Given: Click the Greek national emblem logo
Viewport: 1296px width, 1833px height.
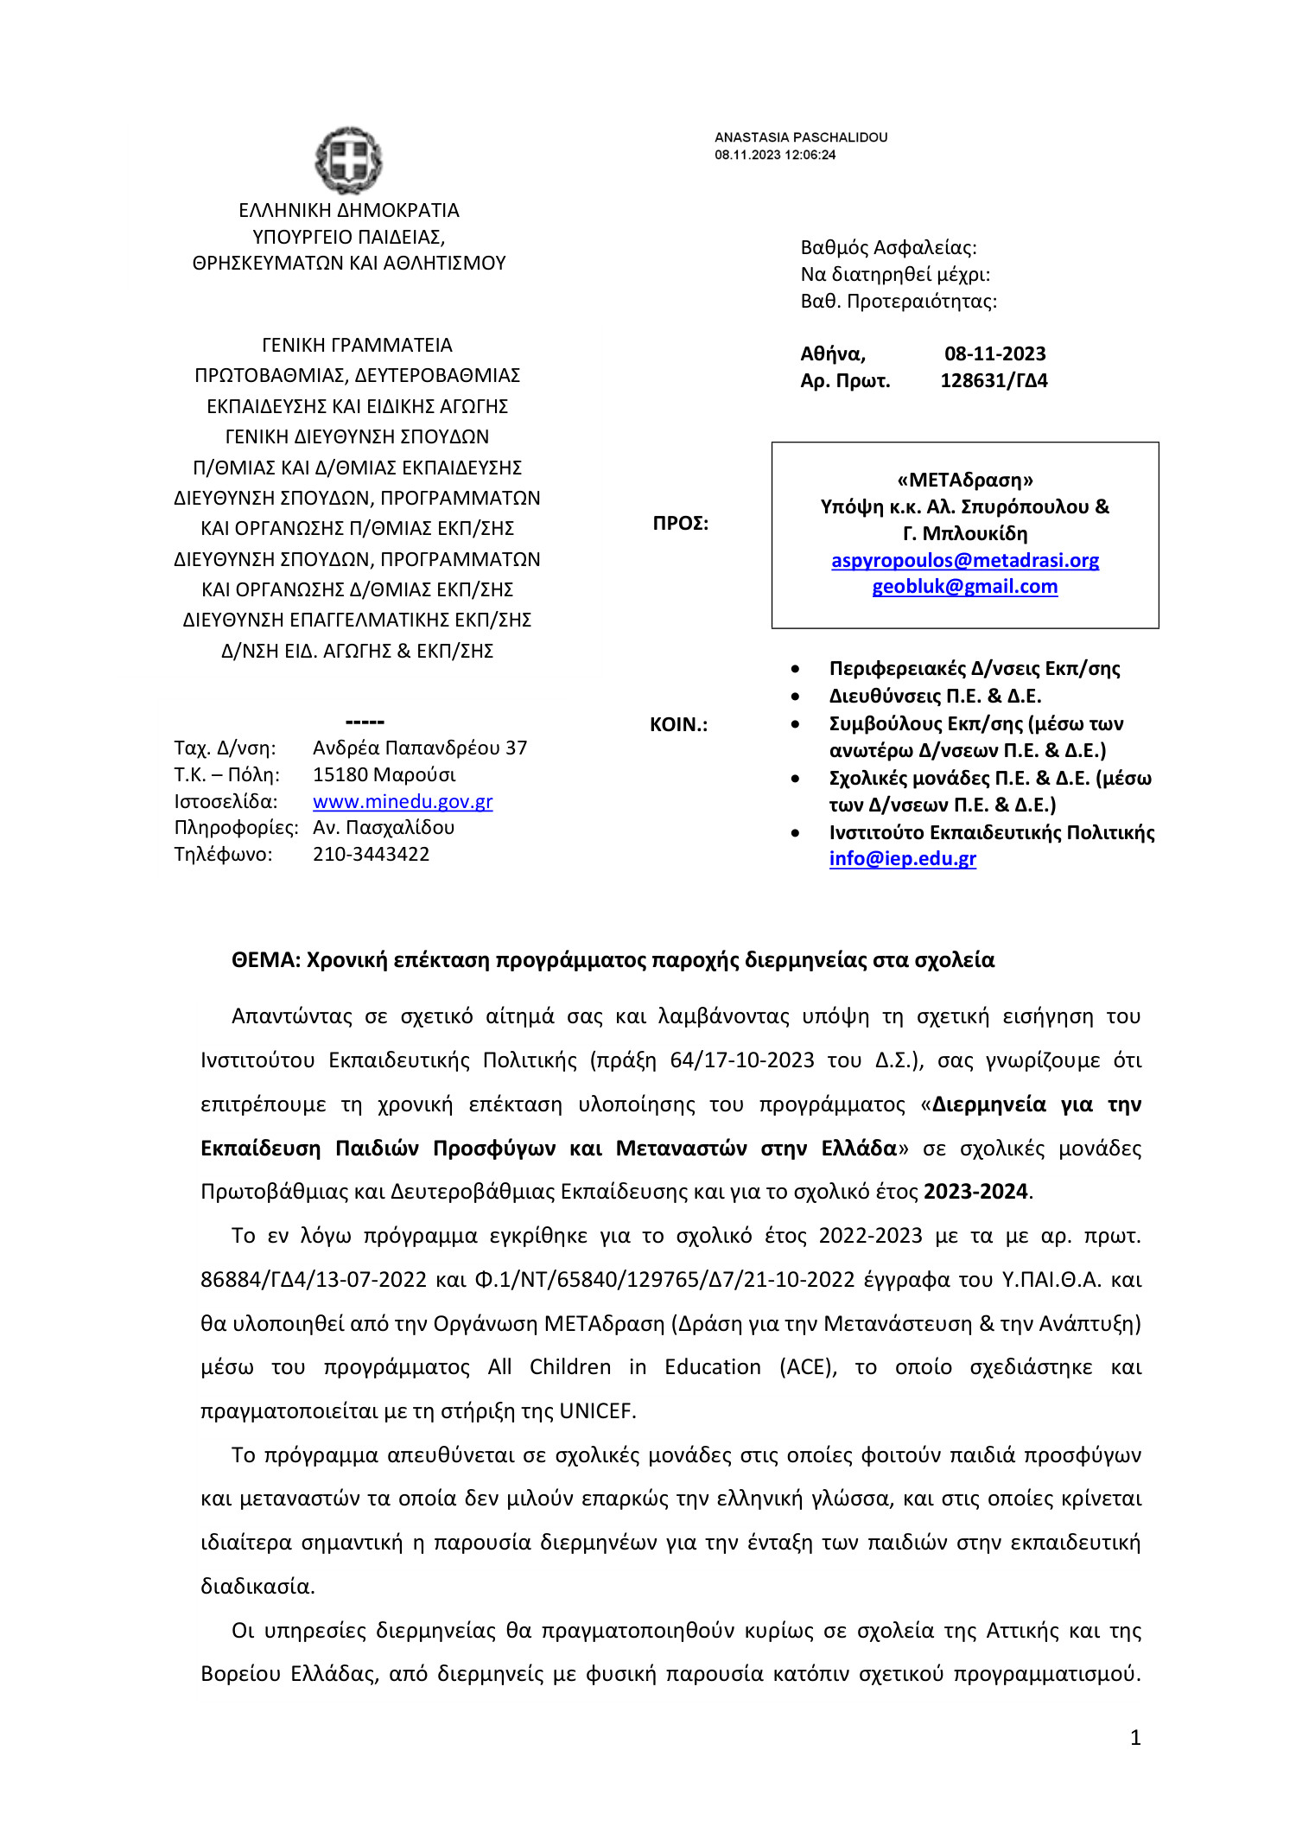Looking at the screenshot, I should click(x=348, y=160).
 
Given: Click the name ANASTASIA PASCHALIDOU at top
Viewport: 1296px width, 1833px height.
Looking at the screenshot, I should click(x=800, y=137).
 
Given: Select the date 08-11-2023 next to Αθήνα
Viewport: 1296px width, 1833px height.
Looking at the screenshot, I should click(x=994, y=353).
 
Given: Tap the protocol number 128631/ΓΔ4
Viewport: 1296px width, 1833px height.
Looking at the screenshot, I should click(x=994, y=380).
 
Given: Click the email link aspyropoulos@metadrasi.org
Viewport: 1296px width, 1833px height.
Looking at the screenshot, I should click(x=964, y=560).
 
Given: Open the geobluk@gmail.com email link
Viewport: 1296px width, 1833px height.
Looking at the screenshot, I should click(x=964, y=587).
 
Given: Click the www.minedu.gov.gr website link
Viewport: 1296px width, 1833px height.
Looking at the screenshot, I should click(x=403, y=801).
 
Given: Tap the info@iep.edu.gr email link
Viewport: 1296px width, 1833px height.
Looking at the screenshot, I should click(x=902, y=858).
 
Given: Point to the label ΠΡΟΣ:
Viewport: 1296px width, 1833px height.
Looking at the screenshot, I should click(x=680, y=523).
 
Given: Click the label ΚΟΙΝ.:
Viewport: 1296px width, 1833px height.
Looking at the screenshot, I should click(x=678, y=724).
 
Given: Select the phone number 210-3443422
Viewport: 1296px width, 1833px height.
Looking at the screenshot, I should click(x=371, y=854).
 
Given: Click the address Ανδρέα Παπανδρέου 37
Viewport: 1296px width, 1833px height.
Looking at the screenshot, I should click(x=420, y=748).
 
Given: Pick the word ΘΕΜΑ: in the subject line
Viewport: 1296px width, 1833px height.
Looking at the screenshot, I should click(x=265, y=960).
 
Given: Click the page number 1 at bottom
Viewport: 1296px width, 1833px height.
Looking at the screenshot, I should click(x=1135, y=1737).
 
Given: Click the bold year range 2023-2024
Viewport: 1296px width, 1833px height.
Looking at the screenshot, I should click(x=975, y=1192).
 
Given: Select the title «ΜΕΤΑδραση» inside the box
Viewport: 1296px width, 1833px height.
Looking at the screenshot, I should click(x=964, y=480).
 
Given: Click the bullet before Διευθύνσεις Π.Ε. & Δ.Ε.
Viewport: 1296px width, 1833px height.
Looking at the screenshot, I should click(x=795, y=697).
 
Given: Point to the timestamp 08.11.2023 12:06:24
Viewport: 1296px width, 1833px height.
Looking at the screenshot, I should click(x=774, y=155).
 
